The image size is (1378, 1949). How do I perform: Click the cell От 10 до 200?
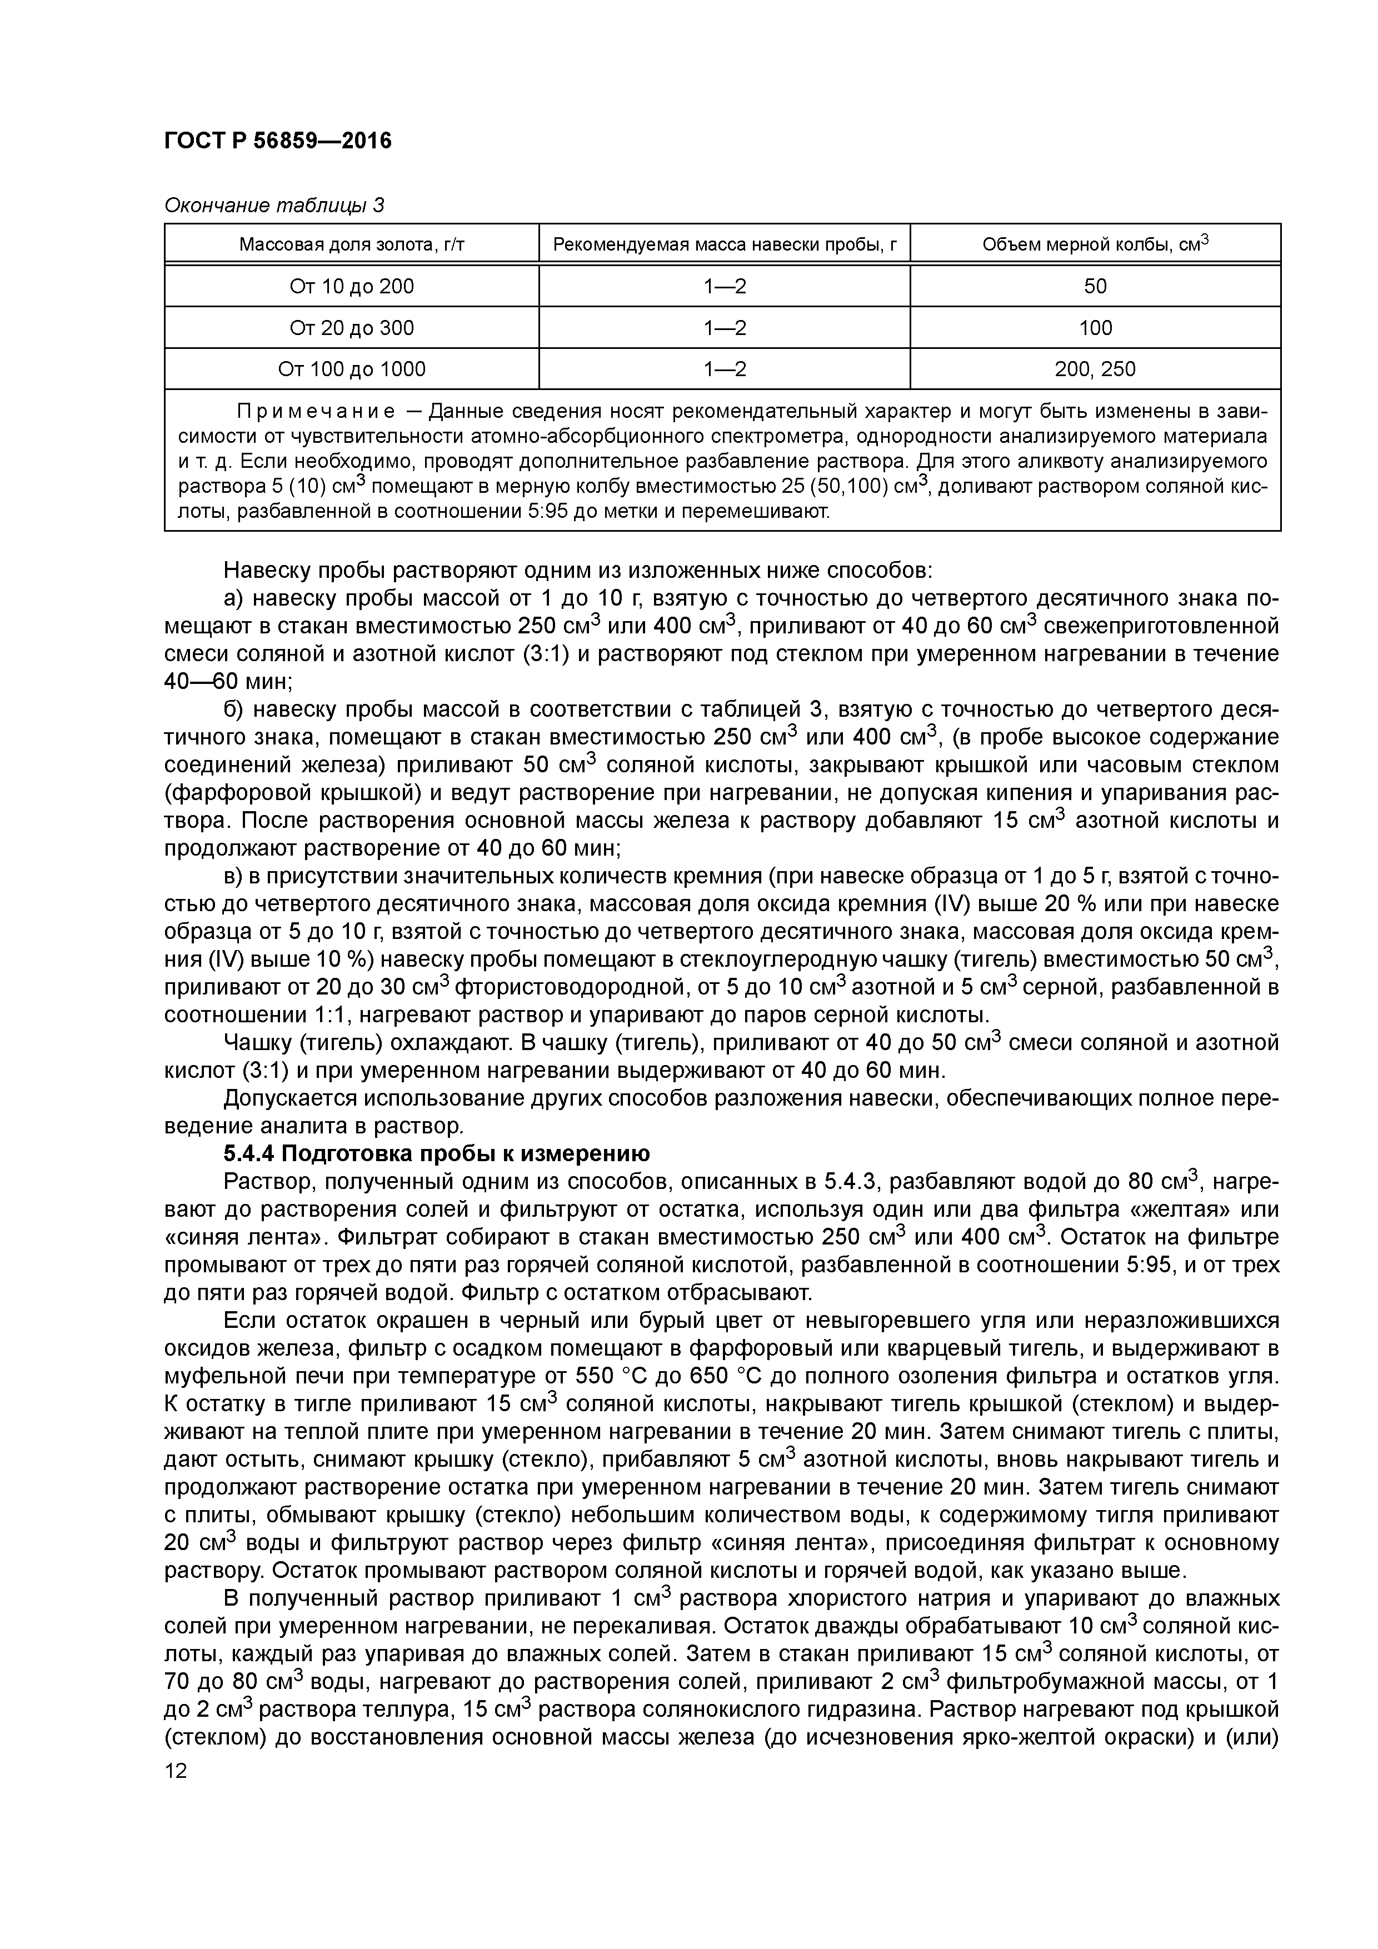(x=352, y=286)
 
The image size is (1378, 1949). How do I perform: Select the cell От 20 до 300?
(x=352, y=328)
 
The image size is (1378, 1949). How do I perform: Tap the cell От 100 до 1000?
(x=352, y=368)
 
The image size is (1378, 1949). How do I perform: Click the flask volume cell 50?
(x=1095, y=286)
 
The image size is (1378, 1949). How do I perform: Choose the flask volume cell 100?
(x=1095, y=328)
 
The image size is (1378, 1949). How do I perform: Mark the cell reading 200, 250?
(x=1095, y=368)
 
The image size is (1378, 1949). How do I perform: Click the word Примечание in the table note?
(x=315, y=412)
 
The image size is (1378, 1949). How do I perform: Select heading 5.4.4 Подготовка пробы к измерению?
(x=436, y=1153)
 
